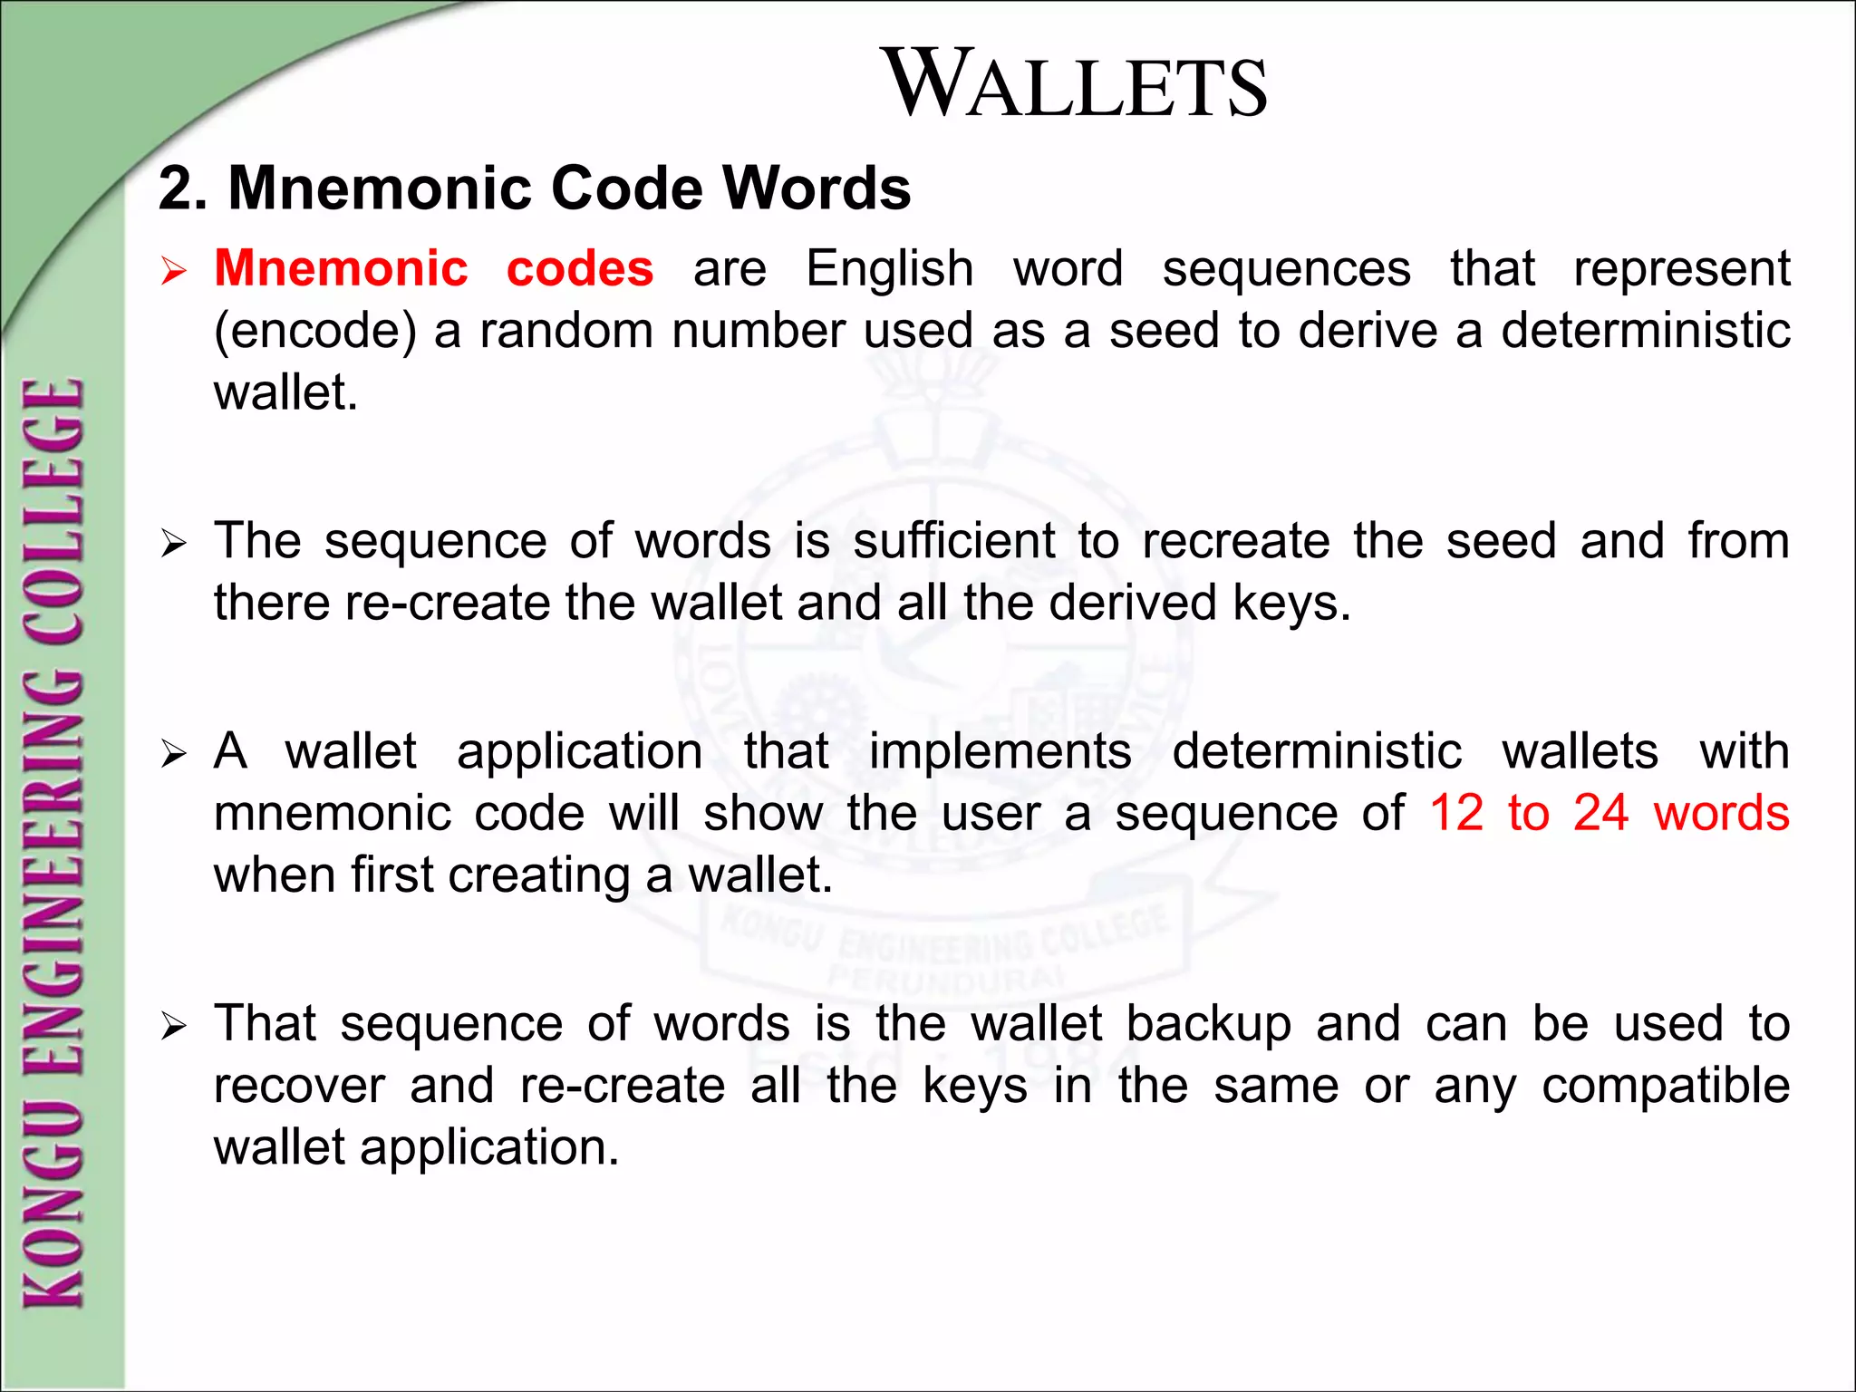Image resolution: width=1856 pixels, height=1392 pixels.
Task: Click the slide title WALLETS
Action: coord(1077,84)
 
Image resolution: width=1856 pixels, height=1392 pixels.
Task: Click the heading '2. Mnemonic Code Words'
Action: coord(535,188)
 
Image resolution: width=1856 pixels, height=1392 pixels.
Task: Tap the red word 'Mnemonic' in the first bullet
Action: coord(341,269)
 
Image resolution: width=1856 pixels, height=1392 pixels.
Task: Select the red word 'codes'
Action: coord(580,269)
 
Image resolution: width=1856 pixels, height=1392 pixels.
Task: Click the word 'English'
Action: coord(890,269)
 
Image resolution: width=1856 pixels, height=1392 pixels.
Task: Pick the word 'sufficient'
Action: coord(954,541)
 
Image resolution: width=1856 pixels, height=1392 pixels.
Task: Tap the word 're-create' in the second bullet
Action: coord(447,603)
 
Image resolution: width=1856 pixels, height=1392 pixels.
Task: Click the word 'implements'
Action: coord(1000,751)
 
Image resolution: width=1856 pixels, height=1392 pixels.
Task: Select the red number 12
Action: coord(1456,813)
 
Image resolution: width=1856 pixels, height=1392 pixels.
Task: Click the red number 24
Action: coord(1600,813)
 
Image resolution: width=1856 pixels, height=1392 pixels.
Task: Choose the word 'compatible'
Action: coord(1666,1086)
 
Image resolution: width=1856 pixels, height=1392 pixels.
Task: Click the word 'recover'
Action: coord(299,1086)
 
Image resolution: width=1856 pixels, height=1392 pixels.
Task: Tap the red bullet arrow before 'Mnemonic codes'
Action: coord(173,272)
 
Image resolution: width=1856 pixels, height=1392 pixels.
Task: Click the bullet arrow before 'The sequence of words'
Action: coord(173,545)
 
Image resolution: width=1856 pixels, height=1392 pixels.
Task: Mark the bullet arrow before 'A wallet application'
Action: coord(173,755)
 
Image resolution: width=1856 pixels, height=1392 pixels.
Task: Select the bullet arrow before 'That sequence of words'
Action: coord(173,1028)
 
